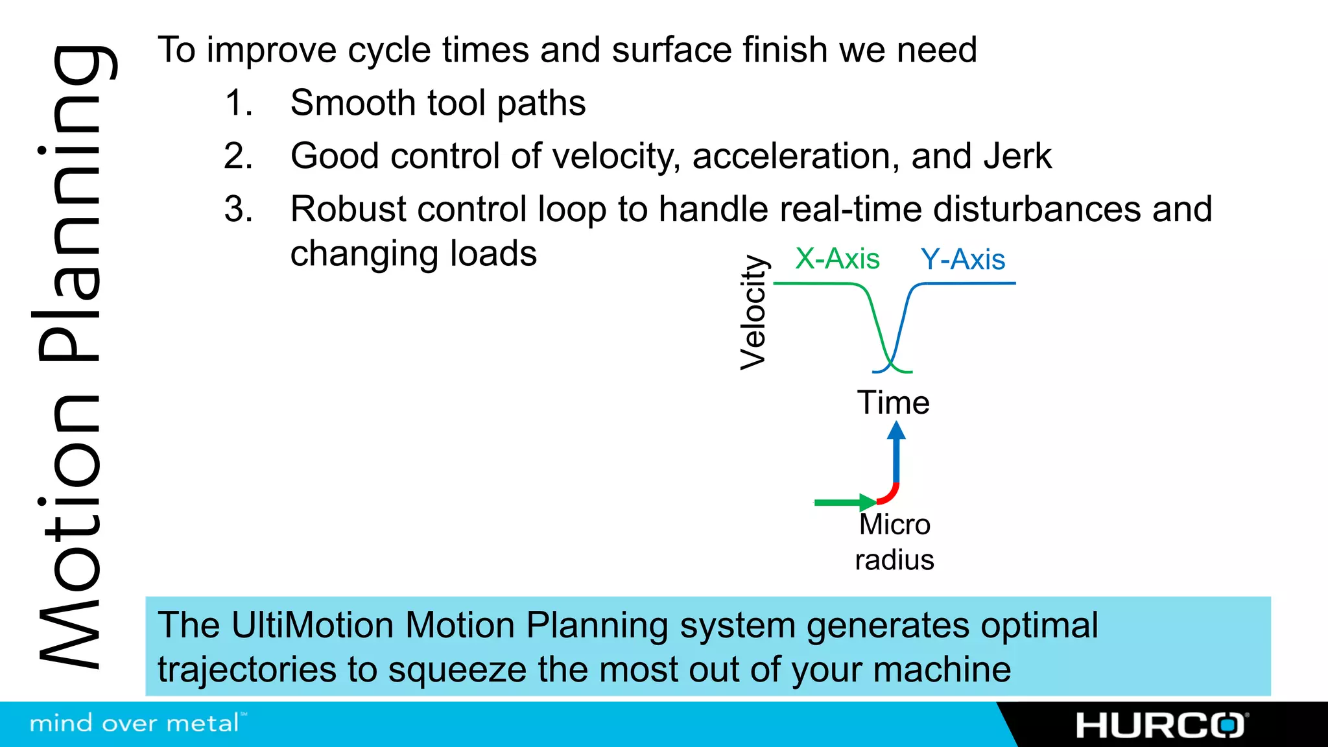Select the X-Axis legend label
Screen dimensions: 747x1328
tap(837, 259)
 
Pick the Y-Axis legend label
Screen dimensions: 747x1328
tap(963, 259)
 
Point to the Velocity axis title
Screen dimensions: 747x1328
tap(753, 313)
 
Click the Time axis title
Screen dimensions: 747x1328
tap(893, 403)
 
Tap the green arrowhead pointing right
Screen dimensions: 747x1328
tap(867, 502)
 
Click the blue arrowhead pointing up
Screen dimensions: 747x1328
tap(896, 431)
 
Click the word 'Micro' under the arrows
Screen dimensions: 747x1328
tap(894, 525)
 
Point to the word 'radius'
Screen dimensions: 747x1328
tap(894, 560)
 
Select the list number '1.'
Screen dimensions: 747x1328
tap(238, 103)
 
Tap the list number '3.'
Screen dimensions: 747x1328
tap(238, 209)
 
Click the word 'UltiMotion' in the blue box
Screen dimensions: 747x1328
tap(311, 626)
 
